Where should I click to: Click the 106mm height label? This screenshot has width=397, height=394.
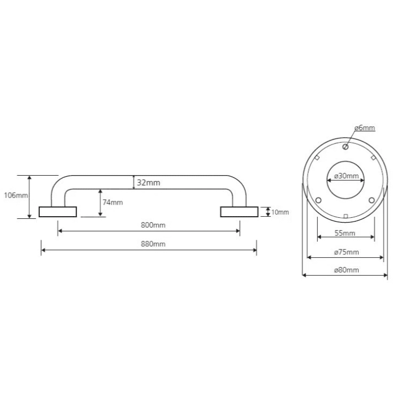pyautogui.click(x=16, y=195)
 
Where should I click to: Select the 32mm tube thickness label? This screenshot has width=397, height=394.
pyautogui.click(x=149, y=182)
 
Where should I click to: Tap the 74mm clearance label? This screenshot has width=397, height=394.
pyautogui.click(x=112, y=202)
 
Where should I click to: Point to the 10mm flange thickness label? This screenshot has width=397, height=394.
pyautogui.click(x=280, y=212)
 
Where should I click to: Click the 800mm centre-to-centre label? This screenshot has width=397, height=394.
pyautogui.click(x=153, y=225)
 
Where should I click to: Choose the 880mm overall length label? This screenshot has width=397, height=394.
pyautogui.click(x=153, y=244)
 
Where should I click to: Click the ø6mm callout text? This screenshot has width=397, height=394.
pyautogui.click(x=365, y=128)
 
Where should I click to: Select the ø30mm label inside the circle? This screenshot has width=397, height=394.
pyautogui.click(x=346, y=176)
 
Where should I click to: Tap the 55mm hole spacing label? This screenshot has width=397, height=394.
pyautogui.click(x=345, y=233)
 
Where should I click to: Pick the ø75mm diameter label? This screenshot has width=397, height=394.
pyautogui.click(x=346, y=252)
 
